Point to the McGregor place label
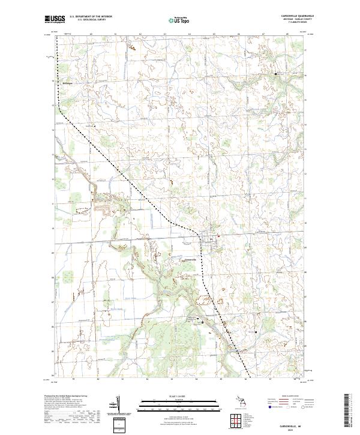(x=66, y=83)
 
